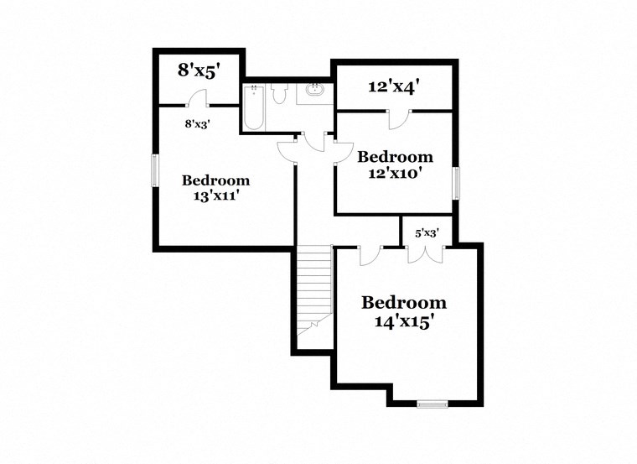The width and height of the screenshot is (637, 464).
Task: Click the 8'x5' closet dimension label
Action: point(197,70)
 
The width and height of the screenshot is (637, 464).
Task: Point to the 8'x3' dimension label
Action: point(197,123)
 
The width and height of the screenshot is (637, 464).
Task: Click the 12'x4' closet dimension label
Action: point(394,86)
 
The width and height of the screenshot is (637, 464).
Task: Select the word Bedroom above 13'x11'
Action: point(215,180)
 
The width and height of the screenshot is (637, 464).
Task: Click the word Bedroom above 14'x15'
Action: point(403,303)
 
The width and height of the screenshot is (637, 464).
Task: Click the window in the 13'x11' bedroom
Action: point(154,171)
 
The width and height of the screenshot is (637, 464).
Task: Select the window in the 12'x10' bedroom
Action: point(457,182)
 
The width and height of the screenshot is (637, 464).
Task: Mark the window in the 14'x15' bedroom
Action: point(433,404)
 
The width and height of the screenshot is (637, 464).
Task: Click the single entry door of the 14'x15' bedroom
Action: point(370,254)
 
